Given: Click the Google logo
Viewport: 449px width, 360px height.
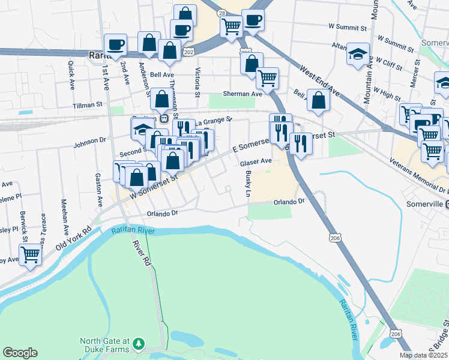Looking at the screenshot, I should (x=20, y=353).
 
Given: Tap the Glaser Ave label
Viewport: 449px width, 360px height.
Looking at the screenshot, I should (x=256, y=162).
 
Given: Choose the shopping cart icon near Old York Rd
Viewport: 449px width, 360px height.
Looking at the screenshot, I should (x=30, y=254).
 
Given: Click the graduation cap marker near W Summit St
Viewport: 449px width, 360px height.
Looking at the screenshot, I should (x=358, y=54).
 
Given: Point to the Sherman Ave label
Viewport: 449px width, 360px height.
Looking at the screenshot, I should (x=243, y=94).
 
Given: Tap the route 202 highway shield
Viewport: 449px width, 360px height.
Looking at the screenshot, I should (x=188, y=52).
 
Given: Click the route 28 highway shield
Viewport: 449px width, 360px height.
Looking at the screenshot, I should (x=222, y=13).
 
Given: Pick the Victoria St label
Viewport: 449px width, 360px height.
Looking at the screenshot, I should (x=197, y=81).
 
